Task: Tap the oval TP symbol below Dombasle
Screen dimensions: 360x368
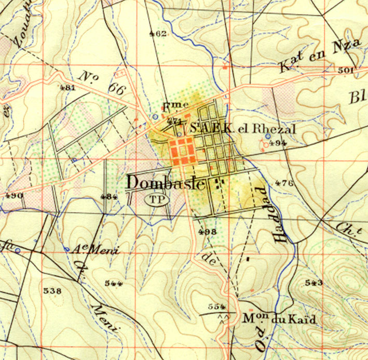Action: pyautogui.click(x=155, y=198)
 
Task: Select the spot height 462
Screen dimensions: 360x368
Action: pyautogui.click(x=157, y=34)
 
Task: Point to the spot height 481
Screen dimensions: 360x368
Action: pyautogui.click(x=67, y=87)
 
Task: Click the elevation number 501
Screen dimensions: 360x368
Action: pyautogui.click(x=345, y=70)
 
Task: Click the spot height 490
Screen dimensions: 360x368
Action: pyautogui.click(x=13, y=195)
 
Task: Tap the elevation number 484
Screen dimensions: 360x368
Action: pyautogui.click(x=110, y=196)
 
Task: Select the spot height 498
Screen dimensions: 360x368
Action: pyautogui.click(x=207, y=231)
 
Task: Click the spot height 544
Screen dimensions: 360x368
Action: pyautogui.click(x=113, y=283)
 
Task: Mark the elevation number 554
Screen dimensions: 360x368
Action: pyautogui.click(x=216, y=305)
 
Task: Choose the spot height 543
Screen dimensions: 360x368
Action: pyautogui.click(x=314, y=283)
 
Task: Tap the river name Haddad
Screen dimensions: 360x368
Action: pyautogui.click(x=279, y=214)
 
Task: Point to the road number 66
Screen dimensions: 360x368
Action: pyautogui.click(x=117, y=89)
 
